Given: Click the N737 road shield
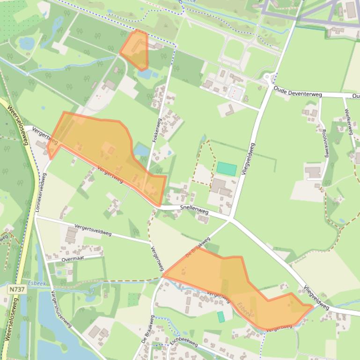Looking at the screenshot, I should pos(16,290).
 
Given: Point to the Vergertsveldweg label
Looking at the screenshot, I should pos(93,228).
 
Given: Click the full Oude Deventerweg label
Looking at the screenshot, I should pos(298,94).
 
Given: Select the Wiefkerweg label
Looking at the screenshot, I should pos(348,121).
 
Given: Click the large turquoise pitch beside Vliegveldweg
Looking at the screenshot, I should pos(227,169).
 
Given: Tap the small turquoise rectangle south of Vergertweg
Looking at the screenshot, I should pos(221,317).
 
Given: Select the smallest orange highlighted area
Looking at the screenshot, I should pos(135,50).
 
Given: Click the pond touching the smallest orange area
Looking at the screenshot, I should pos(146,74).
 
